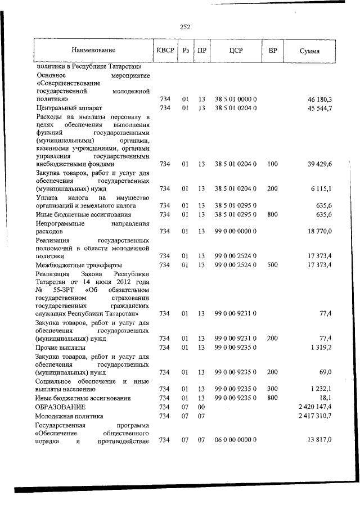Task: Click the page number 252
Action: tap(184, 26)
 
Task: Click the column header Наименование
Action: tap(93, 51)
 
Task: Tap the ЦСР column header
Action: tap(236, 51)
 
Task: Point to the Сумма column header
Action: tap(310, 51)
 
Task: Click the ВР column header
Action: tap(273, 51)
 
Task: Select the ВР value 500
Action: tap(273, 264)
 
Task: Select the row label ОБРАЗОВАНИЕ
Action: tap(61, 406)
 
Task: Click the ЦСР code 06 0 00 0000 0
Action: tap(236, 439)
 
